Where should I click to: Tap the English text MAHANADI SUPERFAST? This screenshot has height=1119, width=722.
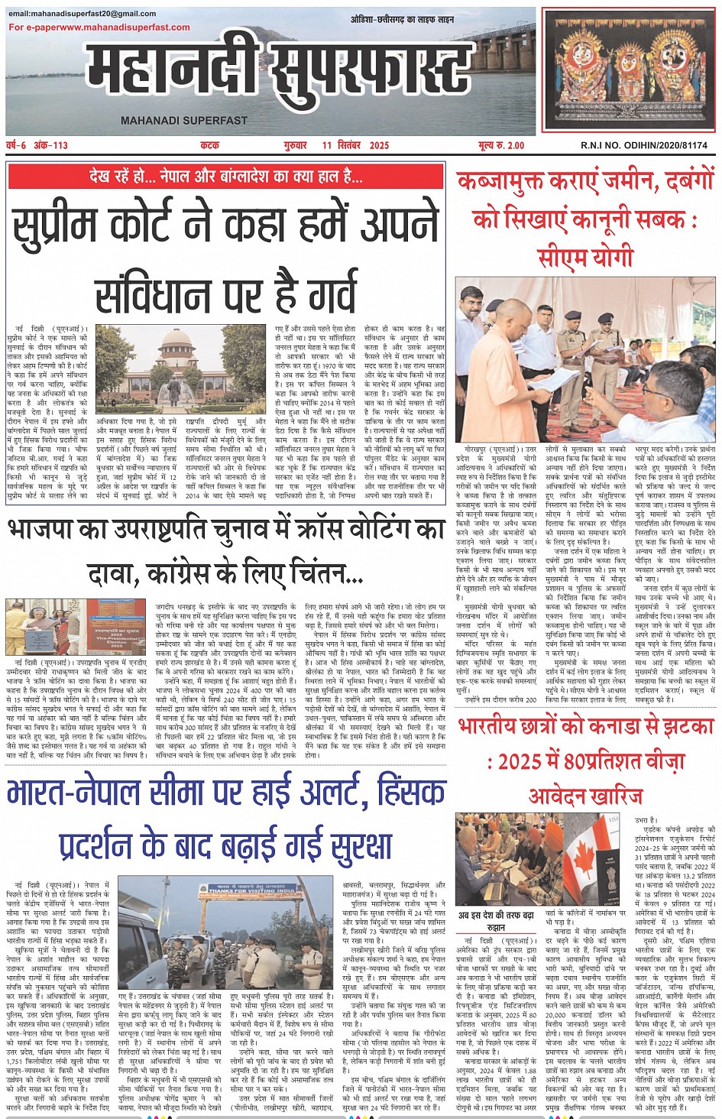(184, 120)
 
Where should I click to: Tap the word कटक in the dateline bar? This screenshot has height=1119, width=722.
(209, 144)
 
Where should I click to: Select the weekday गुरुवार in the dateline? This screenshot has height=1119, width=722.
(295, 144)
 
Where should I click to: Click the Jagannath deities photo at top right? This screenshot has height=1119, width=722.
(630, 70)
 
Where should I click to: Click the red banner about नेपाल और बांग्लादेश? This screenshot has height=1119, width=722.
(226, 177)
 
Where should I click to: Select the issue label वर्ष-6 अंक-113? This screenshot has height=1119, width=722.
(37, 144)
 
